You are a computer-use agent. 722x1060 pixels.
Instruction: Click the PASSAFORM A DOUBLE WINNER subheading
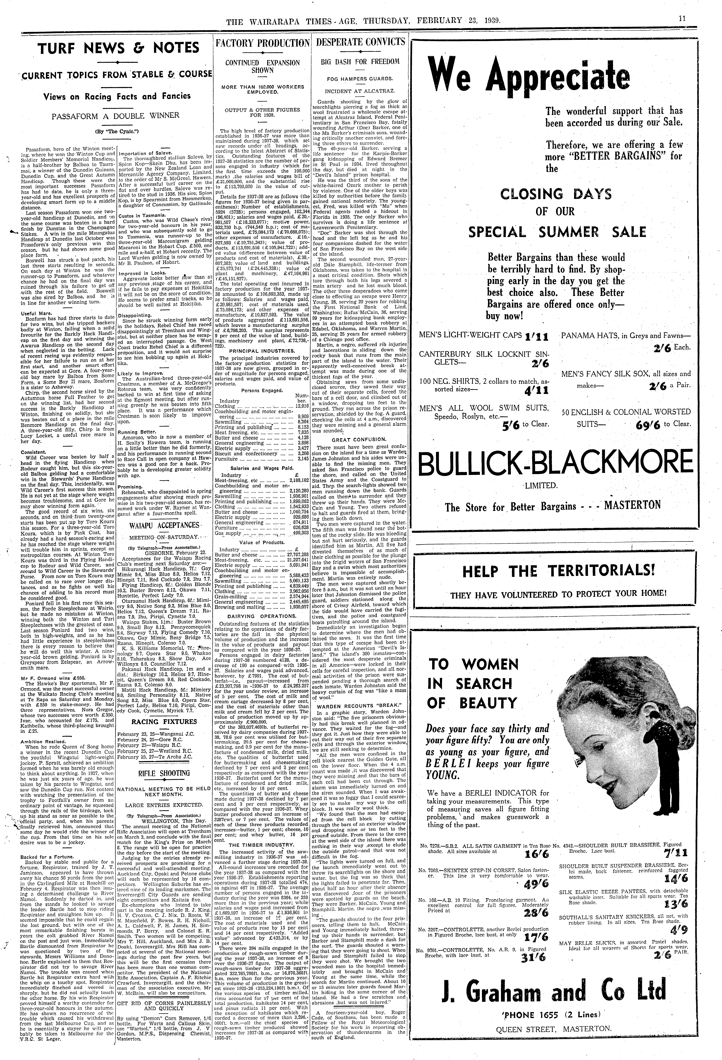pyautogui.click(x=116, y=116)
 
